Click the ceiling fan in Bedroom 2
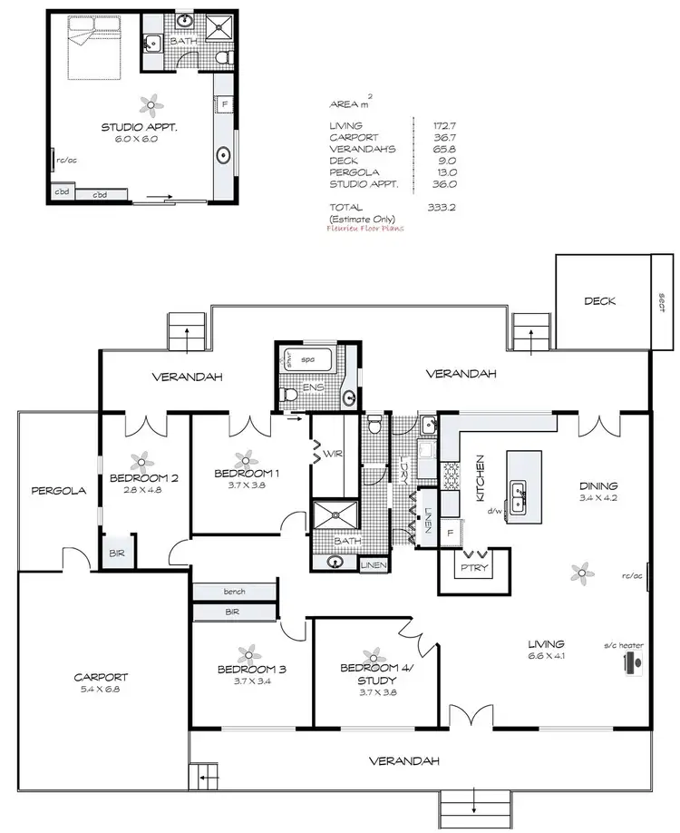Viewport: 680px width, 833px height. pyautogui.click(x=141, y=461)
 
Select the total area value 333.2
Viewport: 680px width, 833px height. pyautogui.click(x=440, y=207)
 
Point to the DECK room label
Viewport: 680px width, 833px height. pyautogui.click(x=599, y=301)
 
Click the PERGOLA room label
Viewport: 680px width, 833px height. pyautogui.click(x=58, y=491)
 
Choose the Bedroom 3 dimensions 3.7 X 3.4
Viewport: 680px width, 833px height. pyautogui.click(x=251, y=681)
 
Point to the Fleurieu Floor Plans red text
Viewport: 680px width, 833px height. pyautogui.click(x=366, y=229)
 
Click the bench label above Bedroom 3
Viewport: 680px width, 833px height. pyautogui.click(x=234, y=592)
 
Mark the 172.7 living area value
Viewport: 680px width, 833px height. pyautogui.click(x=440, y=125)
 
